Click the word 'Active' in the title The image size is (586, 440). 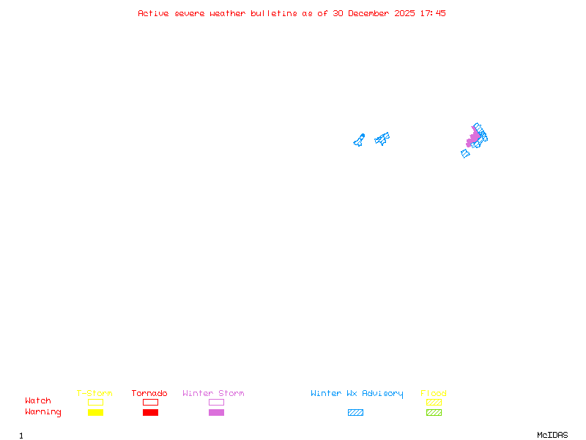[x=153, y=13]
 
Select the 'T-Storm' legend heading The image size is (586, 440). [x=94, y=394]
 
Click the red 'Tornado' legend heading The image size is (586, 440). [x=149, y=394]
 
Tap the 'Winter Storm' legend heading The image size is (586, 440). [x=213, y=394]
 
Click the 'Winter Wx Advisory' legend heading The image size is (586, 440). [x=357, y=394]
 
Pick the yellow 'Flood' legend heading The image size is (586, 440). [x=434, y=394]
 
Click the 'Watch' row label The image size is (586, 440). [x=38, y=401]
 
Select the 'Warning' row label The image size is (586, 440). [x=43, y=412]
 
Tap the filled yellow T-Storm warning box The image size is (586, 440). [x=95, y=413]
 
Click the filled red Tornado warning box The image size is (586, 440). [x=150, y=413]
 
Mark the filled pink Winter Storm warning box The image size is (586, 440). [x=216, y=413]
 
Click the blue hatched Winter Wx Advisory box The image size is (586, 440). [x=355, y=413]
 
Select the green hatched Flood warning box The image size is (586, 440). [x=434, y=413]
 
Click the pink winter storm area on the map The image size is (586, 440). [x=472, y=138]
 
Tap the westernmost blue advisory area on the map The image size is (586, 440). [x=359, y=140]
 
